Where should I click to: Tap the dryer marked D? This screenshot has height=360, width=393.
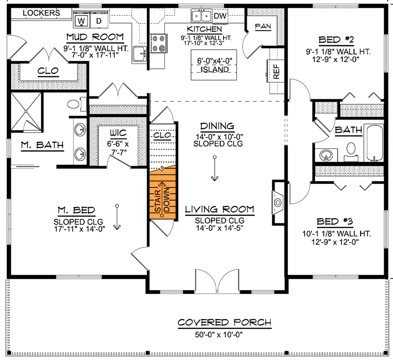pos(98,21)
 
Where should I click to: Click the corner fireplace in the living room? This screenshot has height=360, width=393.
pos(278,202)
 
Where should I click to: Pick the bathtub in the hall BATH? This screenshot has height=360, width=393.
pos(374,143)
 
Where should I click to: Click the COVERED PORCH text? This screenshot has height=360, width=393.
pos(224,323)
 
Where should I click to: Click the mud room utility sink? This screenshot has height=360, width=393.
pos(140,53)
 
